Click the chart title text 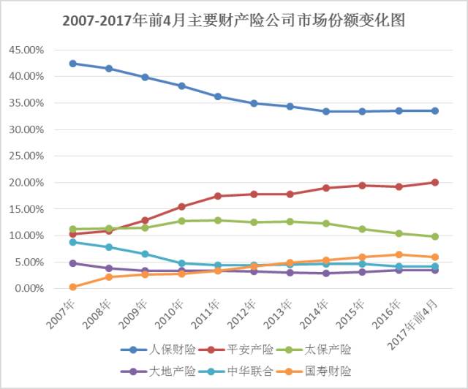click(x=233, y=21)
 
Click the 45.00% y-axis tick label click(x=28, y=50)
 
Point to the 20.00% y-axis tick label click(x=28, y=182)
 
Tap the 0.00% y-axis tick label click(x=31, y=288)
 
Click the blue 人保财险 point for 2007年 click(x=73, y=64)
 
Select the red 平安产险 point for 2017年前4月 click(x=434, y=182)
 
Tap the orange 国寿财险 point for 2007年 click(x=73, y=287)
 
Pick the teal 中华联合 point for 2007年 click(x=73, y=242)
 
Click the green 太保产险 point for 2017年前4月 click(x=434, y=236)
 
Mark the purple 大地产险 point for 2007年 click(x=73, y=263)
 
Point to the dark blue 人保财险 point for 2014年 click(x=326, y=111)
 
